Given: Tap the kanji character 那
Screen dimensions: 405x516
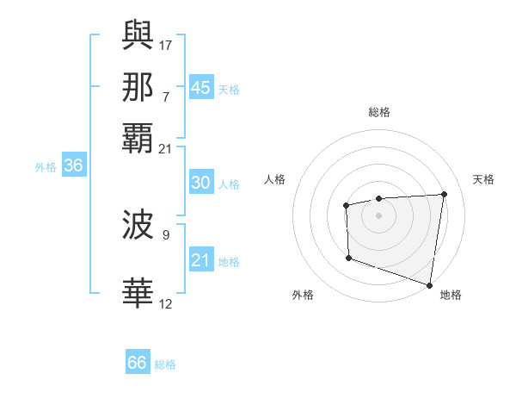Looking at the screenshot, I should pyautogui.click(x=138, y=87).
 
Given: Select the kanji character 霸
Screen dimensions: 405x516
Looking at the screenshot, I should pyautogui.click(x=138, y=140).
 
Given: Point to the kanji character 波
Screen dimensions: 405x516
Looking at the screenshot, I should pyautogui.click(x=138, y=226).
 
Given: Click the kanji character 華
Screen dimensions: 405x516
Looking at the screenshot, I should pyautogui.click(x=138, y=293).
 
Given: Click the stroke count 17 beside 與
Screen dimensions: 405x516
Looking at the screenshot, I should pyautogui.click(x=166, y=44).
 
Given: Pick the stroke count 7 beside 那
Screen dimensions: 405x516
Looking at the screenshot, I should pyautogui.click(x=166, y=97).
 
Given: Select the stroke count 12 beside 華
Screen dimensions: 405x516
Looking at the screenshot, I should pyautogui.click(x=166, y=303).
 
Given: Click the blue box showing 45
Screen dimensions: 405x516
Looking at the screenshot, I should pyautogui.click(x=200, y=88).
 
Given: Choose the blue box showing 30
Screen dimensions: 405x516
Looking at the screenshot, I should pyautogui.click(x=200, y=183).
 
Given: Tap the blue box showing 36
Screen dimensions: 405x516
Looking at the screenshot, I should pyautogui.click(x=73, y=166).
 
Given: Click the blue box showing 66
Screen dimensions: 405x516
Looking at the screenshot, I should pyautogui.click(x=137, y=363).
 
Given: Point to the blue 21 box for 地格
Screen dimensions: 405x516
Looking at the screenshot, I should pyautogui.click(x=200, y=260).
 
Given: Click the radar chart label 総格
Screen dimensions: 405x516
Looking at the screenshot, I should pyautogui.click(x=379, y=112).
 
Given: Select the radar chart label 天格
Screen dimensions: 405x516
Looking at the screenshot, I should pyautogui.click(x=483, y=179).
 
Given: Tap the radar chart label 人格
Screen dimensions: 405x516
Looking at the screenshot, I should pyautogui.click(x=275, y=179).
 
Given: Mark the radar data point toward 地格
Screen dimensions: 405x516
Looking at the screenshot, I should pyautogui.click(x=430, y=283).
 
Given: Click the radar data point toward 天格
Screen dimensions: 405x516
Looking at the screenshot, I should pyautogui.click(x=444, y=194).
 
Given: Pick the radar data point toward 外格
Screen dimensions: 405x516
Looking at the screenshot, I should pyautogui.click(x=348, y=258).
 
